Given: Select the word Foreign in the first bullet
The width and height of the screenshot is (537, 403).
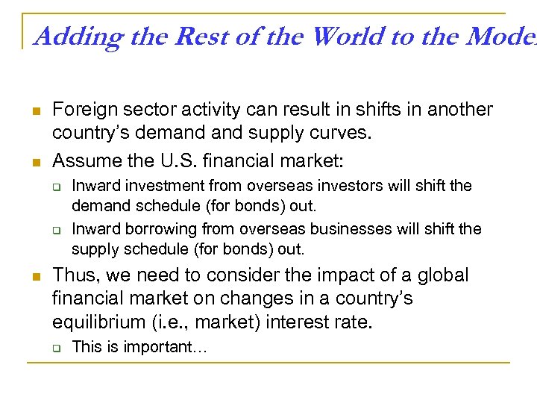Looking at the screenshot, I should point(81,110).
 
